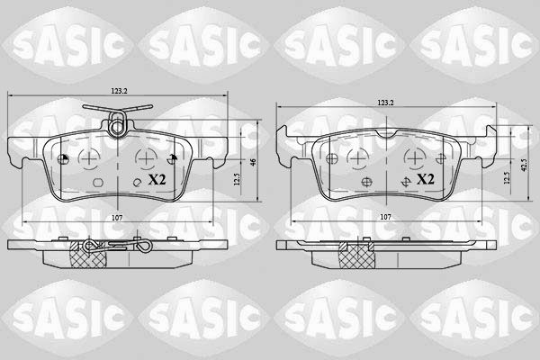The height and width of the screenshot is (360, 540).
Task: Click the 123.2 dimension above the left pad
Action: pyautogui.click(x=119, y=91)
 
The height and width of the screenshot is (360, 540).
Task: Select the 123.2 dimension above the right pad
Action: pyautogui.click(x=385, y=103)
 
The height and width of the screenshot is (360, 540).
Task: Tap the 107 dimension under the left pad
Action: pyautogui.click(x=117, y=218)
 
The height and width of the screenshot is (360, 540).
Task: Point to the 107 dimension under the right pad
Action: pyautogui.click(x=385, y=217)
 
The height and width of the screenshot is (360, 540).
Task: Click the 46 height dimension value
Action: pyautogui.click(x=253, y=162)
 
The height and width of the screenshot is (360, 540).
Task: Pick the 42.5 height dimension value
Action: pyautogui.click(x=524, y=165)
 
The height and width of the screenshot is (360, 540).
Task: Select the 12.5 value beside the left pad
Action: pyautogui.click(x=237, y=179)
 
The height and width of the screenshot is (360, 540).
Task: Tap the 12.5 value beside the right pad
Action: pyautogui.click(x=506, y=178)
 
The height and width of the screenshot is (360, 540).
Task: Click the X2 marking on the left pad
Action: pyautogui.click(x=157, y=179)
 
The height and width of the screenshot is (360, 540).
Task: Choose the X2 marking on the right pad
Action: pyautogui.click(x=426, y=179)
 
